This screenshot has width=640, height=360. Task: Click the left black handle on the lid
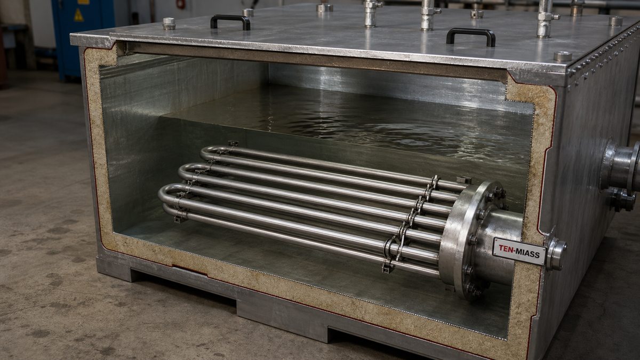[230, 18]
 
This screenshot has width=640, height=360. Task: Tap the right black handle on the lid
[471, 31]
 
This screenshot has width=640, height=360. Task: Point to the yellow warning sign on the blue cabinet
[79, 15]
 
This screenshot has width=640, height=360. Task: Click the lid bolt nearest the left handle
[248, 12]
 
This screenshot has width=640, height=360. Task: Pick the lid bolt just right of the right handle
[563, 56]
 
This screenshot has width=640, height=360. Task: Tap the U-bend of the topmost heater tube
[205, 153]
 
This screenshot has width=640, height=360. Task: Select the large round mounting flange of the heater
[471, 240]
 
